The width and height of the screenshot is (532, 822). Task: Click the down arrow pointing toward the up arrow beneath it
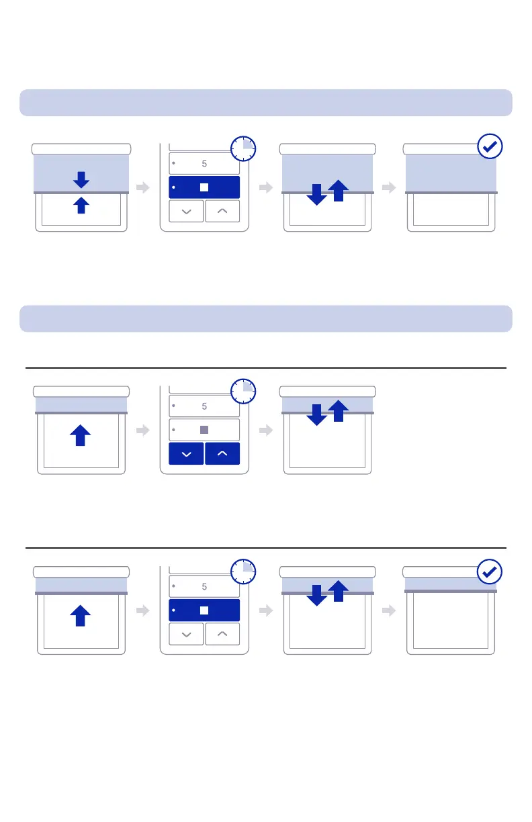(81, 179)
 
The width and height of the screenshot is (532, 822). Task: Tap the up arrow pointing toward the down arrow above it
(81, 205)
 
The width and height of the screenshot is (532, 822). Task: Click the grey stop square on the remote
(204, 429)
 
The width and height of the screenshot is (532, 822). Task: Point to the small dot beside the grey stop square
(174, 429)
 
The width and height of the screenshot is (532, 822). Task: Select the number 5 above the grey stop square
(204, 406)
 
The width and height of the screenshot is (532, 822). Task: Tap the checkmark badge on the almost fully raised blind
(490, 572)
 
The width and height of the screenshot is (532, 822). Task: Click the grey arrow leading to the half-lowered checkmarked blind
(389, 188)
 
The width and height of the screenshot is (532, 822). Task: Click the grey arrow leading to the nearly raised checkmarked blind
(389, 610)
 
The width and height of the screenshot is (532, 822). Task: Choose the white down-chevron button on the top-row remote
(186, 211)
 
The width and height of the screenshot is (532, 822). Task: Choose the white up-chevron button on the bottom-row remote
(222, 633)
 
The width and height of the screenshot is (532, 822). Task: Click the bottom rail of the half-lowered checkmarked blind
(451, 193)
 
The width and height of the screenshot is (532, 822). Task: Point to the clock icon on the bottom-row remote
(243, 572)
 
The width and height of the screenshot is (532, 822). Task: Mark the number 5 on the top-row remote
(204, 163)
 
